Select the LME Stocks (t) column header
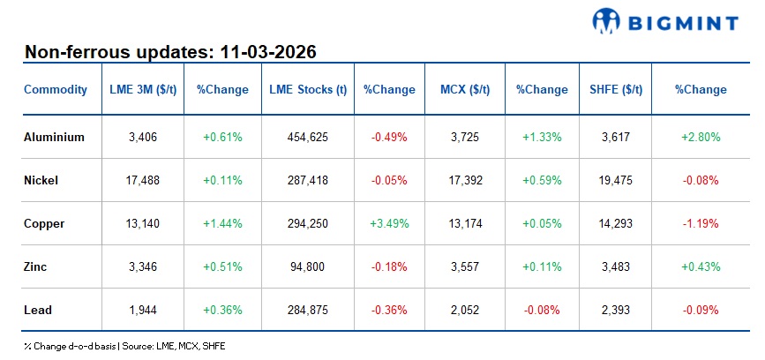pos(308,89)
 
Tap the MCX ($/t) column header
pos(464,89)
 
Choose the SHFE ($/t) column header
pos(615,89)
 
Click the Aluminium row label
pos(55,137)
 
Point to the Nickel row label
pos(41,180)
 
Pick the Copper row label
pos(44,223)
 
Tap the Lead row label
pos(38,310)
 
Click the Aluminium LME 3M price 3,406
pos(143,137)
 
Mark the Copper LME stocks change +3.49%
pos(389,223)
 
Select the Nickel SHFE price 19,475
pos(615,180)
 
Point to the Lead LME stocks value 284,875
pos(308,310)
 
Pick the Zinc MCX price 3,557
pos(464,266)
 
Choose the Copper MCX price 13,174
pos(464,223)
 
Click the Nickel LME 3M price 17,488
pos(143,180)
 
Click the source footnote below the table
pos(124,346)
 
